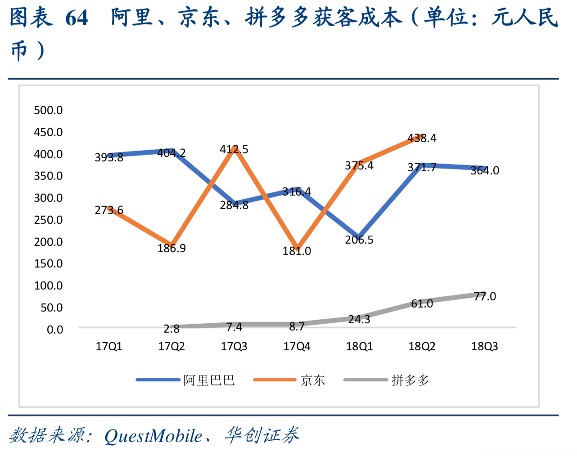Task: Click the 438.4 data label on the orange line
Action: [422, 138]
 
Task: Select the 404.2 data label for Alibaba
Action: [171, 153]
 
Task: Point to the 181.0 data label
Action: [297, 251]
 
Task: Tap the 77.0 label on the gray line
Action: [485, 296]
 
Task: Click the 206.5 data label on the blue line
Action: [359, 240]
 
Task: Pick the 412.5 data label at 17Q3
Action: [234, 149]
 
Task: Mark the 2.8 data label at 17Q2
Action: [171, 329]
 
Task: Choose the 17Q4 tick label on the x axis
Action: [297, 347]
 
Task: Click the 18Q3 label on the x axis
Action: [484, 347]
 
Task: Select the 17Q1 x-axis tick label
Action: [109, 347]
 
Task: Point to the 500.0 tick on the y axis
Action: [48, 110]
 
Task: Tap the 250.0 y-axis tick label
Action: [48, 220]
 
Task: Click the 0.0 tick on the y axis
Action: [55, 330]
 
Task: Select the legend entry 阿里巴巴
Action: [209, 380]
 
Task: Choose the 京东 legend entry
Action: [313, 380]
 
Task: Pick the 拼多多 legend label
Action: [410, 380]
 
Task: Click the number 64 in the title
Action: [77, 18]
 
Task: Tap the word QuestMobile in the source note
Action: [153, 436]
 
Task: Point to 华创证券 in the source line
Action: [262, 435]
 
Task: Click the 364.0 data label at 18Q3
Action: [485, 170]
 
